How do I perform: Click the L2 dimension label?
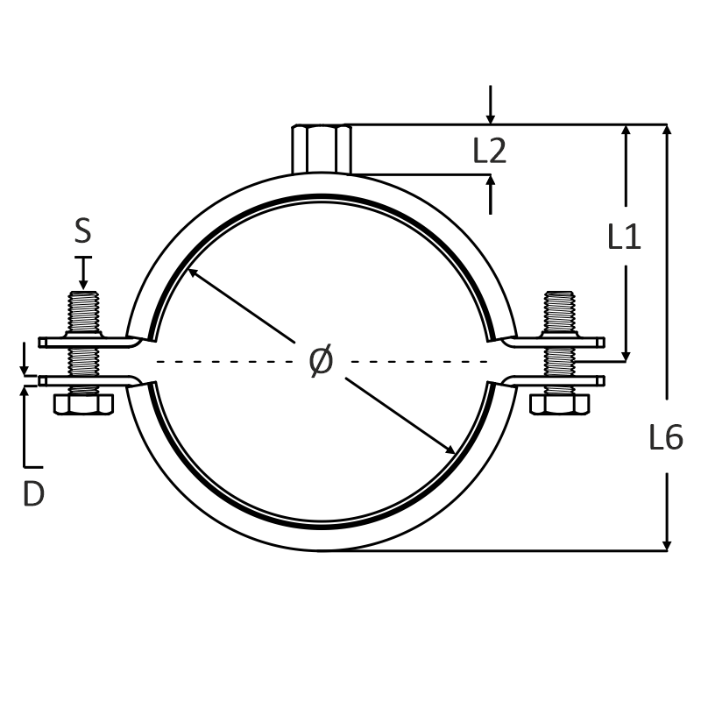[490, 151]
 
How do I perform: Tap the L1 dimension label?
[624, 236]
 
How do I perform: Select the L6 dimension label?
[666, 436]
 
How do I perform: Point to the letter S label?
[82, 230]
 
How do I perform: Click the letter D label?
[33, 494]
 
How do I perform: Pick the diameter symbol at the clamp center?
[321, 360]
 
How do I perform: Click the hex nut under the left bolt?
[83, 404]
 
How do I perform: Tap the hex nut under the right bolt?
[559, 404]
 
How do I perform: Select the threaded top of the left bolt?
[83, 312]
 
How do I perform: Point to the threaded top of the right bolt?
[559, 312]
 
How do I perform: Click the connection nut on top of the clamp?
[322, 149]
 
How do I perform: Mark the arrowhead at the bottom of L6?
[667, 545]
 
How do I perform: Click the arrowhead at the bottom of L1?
[626, 356]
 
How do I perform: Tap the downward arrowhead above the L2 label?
[491, 118]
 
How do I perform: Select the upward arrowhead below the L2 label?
[491, 181]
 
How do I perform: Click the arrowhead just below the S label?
[83, 284]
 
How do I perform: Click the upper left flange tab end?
[42, 343]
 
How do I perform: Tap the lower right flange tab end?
[601, 381]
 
